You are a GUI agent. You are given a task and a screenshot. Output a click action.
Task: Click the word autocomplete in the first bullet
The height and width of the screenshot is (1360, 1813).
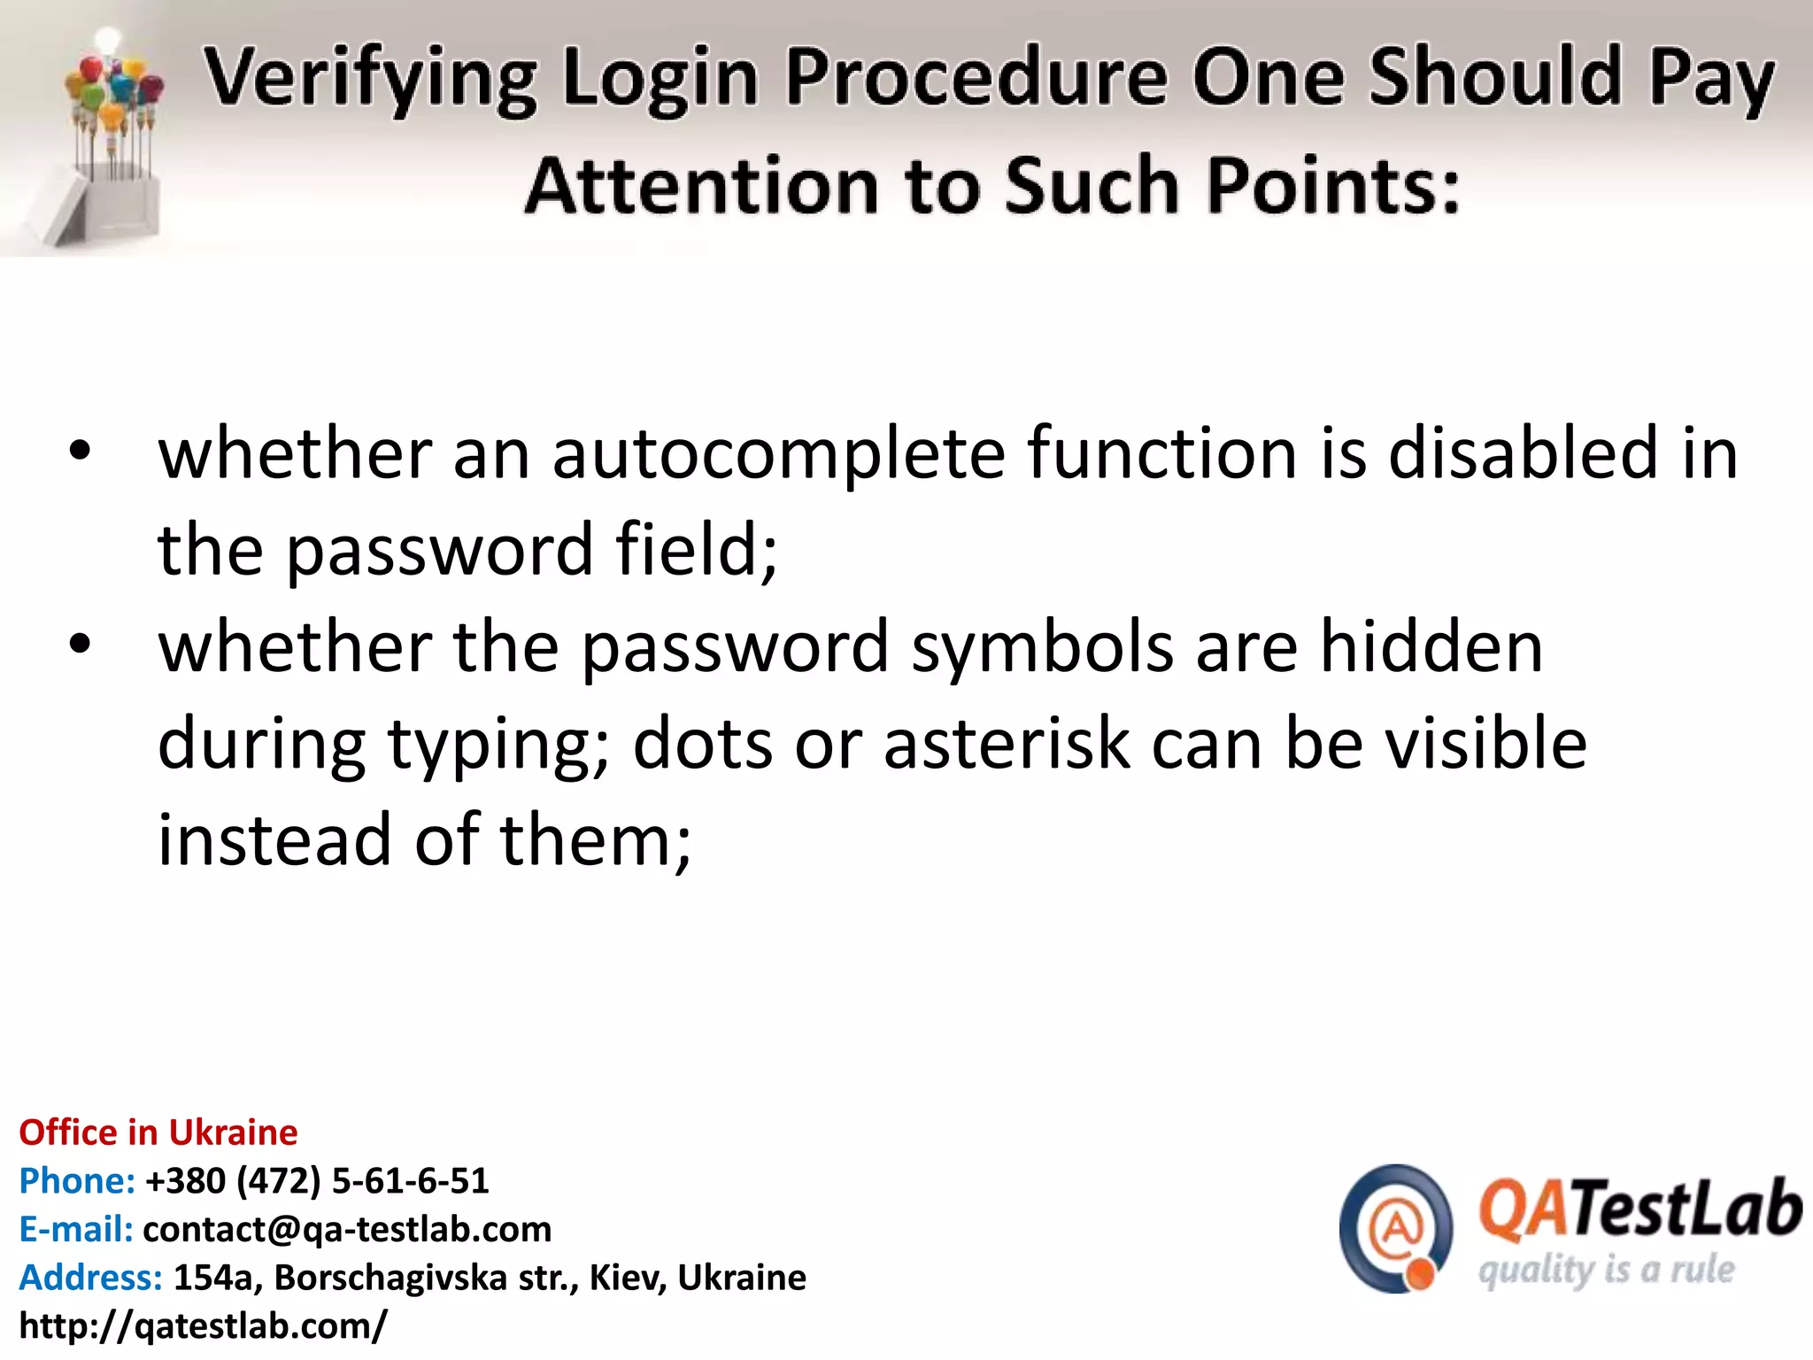778,454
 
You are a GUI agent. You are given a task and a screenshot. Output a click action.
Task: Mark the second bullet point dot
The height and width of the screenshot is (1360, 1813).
80,645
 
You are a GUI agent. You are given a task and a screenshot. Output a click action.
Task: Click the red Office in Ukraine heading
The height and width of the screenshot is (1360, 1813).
158,1132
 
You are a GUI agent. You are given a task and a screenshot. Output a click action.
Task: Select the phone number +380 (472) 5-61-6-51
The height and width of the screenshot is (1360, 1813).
317,1181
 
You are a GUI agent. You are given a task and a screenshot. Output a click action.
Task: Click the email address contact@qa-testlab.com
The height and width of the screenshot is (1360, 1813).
347,1229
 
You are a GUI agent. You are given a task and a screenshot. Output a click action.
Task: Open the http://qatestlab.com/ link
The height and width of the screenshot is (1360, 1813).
203,1325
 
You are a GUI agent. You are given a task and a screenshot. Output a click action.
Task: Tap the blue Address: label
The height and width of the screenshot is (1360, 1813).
91,1278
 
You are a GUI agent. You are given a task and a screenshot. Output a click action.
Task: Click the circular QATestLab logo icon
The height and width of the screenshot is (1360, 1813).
1396,1229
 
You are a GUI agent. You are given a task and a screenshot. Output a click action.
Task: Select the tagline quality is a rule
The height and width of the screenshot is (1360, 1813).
1606,1271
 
